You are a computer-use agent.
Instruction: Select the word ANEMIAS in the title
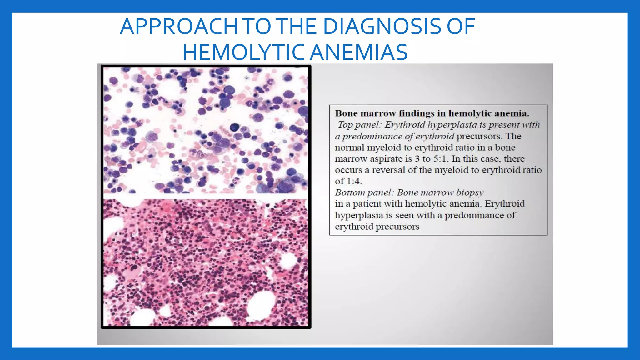click(x=359, y=52)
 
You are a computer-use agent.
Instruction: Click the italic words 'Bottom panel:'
click(x=364, y=192)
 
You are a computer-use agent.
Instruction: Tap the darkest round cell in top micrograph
click(x=234, y=127)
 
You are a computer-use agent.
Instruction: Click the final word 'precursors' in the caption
click(x=397, y=227)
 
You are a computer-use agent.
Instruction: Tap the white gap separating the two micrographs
click(x=206, y=196)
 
